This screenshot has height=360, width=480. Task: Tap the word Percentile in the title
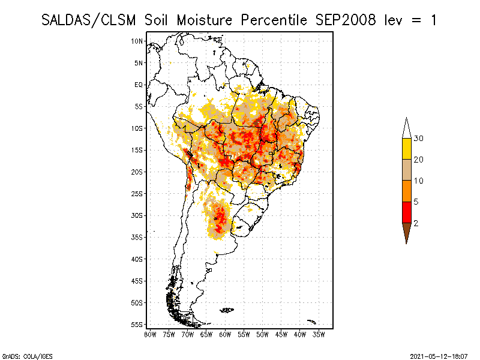coord(274,20)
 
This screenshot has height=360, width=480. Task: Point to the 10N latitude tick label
coord(137,41)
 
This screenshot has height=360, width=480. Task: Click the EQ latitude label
coord(139,85)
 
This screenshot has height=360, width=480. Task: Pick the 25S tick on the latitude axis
coord(137,193)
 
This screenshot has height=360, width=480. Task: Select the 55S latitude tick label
coord(137,325)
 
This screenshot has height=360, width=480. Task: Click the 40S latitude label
coord(137,259)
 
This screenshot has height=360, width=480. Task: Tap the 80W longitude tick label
coord(150,334)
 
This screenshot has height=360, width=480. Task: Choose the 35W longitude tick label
coord(319,334)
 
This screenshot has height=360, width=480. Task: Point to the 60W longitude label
coord(225,334)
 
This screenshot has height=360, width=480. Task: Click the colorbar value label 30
coord(419,139)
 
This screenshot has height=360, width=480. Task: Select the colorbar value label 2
coord(416,223)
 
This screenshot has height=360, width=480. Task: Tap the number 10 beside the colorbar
coord(419,181)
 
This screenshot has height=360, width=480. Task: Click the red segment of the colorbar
coord(406,212)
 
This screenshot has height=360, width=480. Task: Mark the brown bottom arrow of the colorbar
coord(406,232)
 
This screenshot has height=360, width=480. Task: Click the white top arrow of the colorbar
coord(406,128)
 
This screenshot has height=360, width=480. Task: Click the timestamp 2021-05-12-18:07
coord(439,356)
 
